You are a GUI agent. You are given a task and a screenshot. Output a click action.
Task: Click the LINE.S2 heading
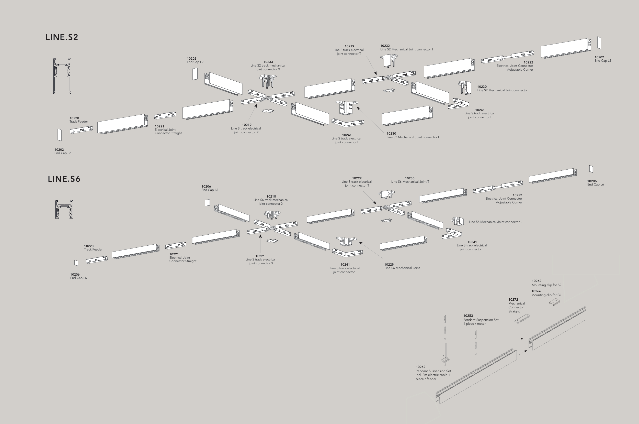click(62, 37)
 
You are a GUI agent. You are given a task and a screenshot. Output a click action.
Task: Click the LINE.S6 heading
click(64, 179)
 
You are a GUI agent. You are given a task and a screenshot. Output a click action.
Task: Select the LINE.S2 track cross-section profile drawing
click(62, 76)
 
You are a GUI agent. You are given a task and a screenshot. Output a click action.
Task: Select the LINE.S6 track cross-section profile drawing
click(64, 210)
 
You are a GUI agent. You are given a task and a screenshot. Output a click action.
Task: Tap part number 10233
click(268, 62)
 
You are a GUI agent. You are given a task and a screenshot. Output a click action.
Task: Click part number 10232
click(385, 46)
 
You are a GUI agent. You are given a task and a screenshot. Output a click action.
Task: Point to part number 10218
click(271, 197)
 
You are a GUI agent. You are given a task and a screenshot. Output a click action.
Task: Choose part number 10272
click(513, 300)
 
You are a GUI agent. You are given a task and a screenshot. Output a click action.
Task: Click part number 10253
click(468, 316)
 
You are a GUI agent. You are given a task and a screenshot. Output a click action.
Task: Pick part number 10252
click(420, 367)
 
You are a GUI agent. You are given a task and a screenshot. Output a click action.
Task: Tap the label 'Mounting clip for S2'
click(546, 285)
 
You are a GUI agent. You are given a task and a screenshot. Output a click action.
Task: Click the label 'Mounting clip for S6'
click(546, 295)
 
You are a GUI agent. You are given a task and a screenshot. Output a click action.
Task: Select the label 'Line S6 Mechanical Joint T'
click(410, 182)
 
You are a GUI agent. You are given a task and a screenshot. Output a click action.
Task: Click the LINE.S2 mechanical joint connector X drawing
click(268, 81)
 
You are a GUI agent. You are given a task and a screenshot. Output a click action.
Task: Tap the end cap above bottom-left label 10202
click(59, 135)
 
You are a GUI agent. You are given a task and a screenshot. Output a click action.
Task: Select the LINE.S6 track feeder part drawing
click(97, 260)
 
